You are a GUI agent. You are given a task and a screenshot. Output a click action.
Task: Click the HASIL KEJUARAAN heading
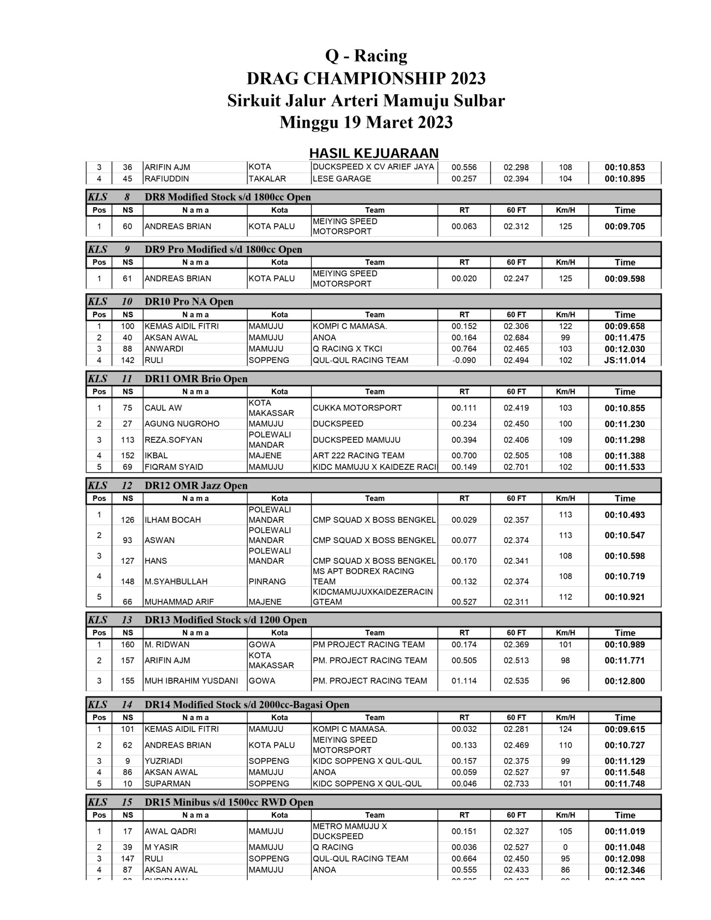(374, 153)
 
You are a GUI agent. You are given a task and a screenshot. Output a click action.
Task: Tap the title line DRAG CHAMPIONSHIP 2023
(366, 79)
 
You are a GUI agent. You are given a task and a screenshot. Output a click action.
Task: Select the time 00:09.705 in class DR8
(624, 226)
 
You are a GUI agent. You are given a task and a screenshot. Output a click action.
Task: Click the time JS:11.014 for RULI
(624, 360)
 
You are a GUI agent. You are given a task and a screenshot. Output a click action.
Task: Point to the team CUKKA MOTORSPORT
(357, 408)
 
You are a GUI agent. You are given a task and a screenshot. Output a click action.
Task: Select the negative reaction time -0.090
(464, 360)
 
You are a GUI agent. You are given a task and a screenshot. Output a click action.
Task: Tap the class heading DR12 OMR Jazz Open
(196, 486)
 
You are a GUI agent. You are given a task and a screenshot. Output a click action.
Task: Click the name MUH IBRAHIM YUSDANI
(191, 681)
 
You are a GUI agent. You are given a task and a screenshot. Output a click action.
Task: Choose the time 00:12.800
(624, 681)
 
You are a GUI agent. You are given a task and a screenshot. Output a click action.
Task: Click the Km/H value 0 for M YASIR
(565, 847)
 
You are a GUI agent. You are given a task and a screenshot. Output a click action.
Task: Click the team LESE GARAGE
(342, 179)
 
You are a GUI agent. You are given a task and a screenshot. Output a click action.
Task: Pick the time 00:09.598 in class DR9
(624, 279)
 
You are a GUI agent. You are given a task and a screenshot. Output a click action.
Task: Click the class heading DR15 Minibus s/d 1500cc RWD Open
(229, 802)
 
